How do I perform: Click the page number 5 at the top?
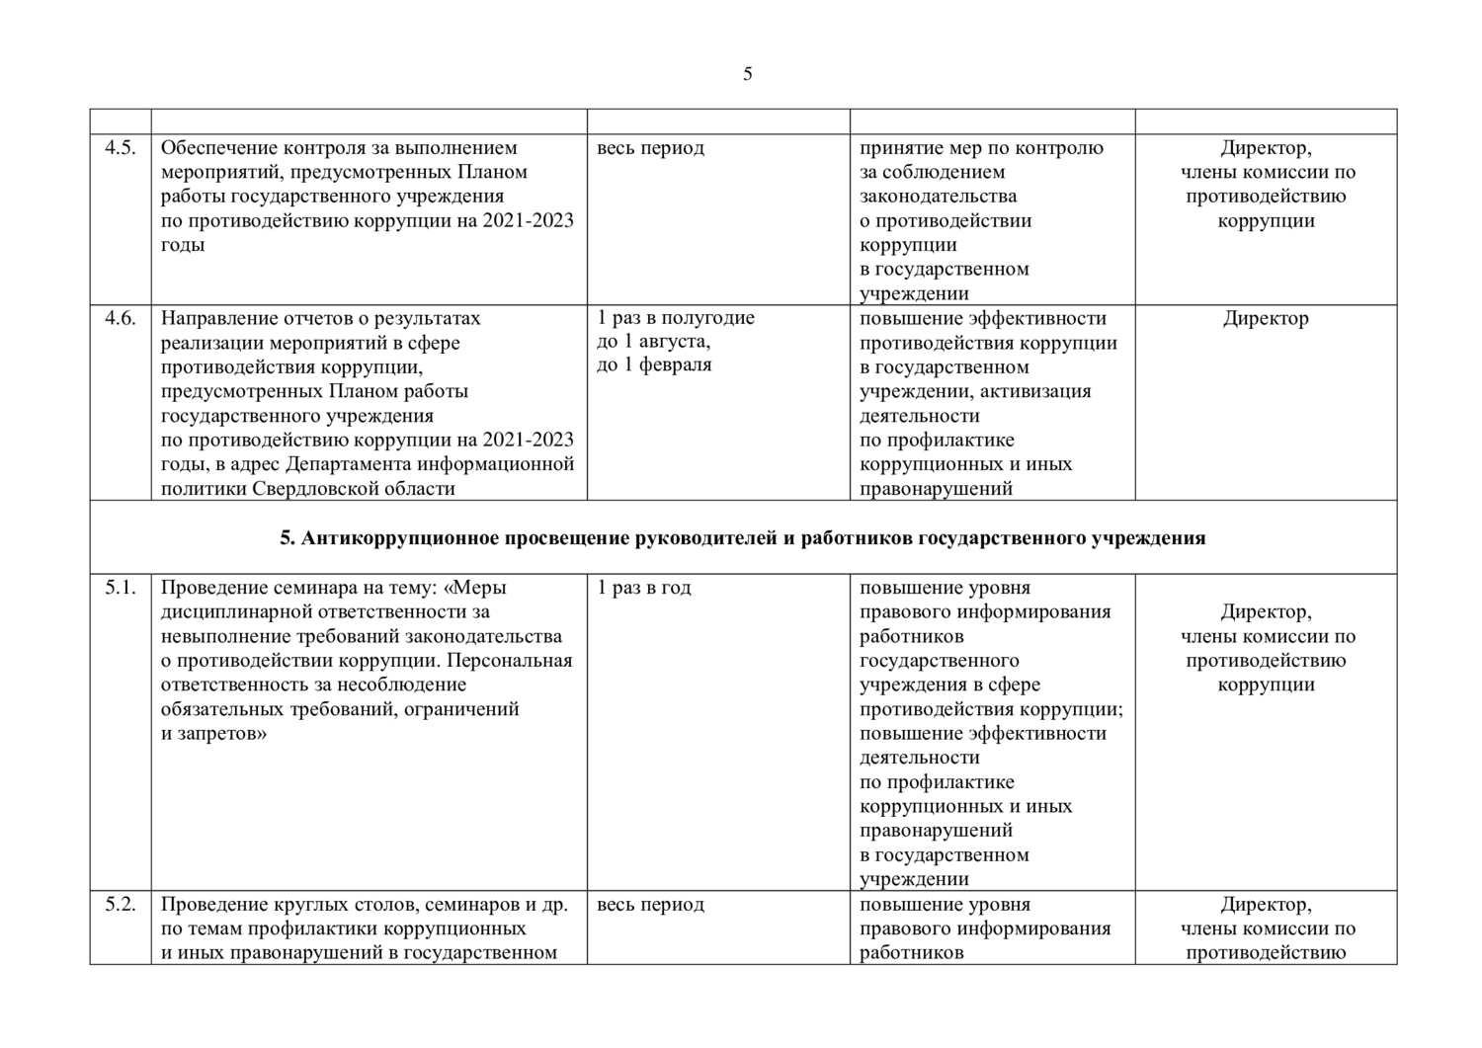[747, 74]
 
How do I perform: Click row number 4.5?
[120, 148]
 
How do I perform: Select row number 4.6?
[120, 318]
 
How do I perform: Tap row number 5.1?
[120, 588]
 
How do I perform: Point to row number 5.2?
[120, 905]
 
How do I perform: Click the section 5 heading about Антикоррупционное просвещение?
[742, 538]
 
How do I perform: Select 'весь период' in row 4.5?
[650, 148]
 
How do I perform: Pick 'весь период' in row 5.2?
[650, 905]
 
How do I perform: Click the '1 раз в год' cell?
[644, 588]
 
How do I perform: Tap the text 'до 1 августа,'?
[653, 342]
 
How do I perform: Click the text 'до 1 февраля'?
[654, 365]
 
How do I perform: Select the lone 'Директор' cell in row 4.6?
[1265, 318]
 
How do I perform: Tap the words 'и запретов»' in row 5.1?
[213, 734]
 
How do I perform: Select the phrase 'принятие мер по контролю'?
[981, 148]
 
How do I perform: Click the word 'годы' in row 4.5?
[183, 245]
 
